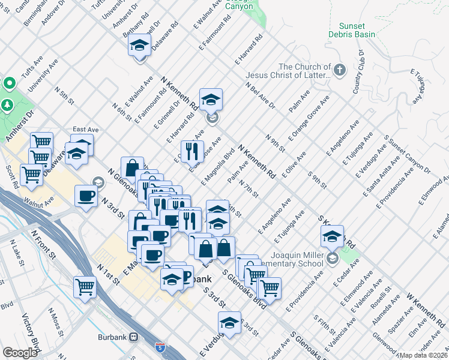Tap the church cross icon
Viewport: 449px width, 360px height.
pos(339,70)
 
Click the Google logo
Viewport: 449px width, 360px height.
pos(20,353)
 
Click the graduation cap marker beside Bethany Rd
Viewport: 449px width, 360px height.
pos(140,46)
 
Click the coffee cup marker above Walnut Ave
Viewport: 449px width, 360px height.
pos(86,196)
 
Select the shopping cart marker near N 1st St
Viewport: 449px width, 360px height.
pos(85,286)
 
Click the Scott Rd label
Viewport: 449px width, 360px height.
pos(11,175)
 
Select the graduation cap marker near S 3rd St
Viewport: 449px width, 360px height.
pos(229,323)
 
